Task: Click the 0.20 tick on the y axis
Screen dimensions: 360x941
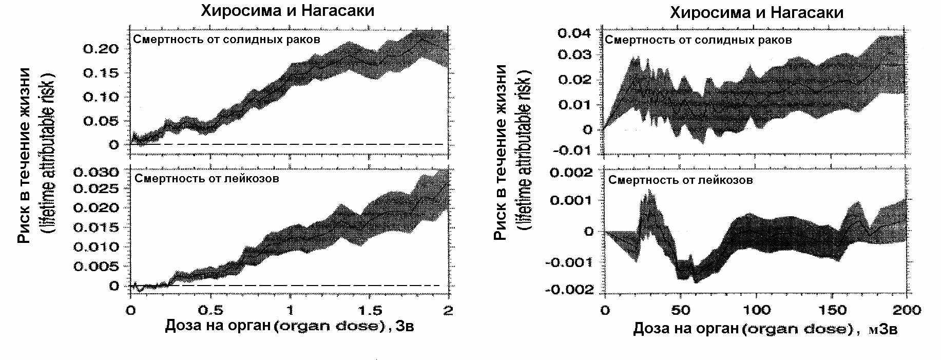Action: (100, 49)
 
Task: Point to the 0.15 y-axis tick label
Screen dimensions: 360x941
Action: (100, 73)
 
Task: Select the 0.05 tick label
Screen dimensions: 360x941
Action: (100, 121)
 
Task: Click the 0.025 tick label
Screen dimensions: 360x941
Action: (97, 188)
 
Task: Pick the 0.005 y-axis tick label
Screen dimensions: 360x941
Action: (97, 267)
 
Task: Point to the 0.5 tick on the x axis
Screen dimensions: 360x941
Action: (210, 310)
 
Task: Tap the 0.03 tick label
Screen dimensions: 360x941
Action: (574, 55)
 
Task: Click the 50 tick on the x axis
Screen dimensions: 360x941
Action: (680, 310)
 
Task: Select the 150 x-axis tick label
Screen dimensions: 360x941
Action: (832, 310)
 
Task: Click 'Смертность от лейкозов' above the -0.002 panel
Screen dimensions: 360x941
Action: (681, 180)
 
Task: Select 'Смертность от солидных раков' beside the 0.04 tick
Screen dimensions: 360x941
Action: (698, 40)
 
